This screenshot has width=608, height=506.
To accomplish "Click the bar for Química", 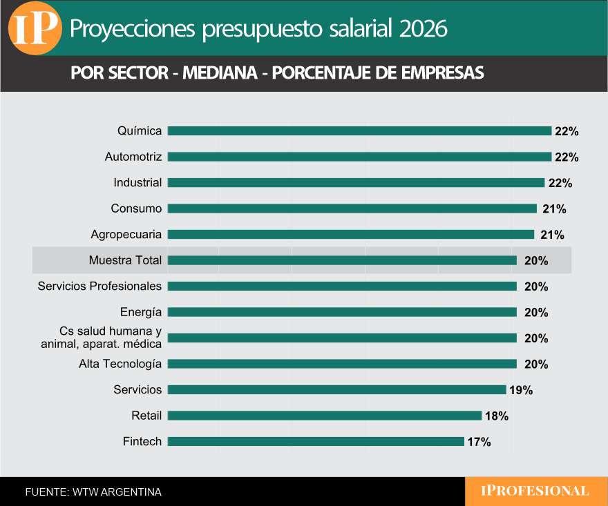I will (x=359, y=131).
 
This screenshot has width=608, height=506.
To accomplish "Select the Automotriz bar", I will (x=359, y=157).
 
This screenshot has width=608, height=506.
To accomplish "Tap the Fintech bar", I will (x=316, y=441).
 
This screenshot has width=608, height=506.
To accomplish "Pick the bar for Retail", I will (x=324, y=416).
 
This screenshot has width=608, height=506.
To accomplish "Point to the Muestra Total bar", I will (x=342, y=260).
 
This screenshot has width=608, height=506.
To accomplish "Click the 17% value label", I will (x=479, y=442).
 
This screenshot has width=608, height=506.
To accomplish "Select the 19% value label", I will (x=521, y=390).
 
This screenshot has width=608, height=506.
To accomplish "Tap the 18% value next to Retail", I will (x=497, y=416).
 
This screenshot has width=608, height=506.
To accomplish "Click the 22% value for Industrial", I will (x=560, y=184).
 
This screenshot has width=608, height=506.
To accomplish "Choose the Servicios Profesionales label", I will (x=99, y=286).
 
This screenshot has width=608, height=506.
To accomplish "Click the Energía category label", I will (x=141, y=312).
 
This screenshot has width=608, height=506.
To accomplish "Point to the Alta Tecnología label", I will (x=120, y=364).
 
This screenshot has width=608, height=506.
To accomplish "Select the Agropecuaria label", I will (x=126, y=234).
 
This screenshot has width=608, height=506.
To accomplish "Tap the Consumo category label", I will (x=136, y=208).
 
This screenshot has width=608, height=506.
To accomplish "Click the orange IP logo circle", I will (x=34, y=28).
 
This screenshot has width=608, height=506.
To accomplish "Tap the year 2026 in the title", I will (x=423, y=28).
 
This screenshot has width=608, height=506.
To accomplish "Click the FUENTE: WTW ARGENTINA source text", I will (x=93, y=492).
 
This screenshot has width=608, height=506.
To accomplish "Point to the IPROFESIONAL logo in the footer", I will (x=535, y=492).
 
